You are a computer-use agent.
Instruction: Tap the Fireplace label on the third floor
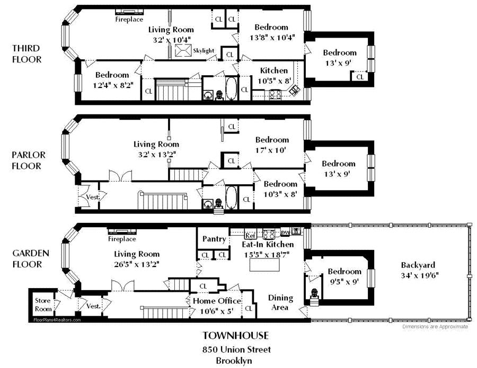coord(129,20)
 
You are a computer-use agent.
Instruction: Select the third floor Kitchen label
coord(274,70)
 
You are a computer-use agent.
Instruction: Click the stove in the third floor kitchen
coord(276,95)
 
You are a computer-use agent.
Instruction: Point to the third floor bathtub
coord(232,89)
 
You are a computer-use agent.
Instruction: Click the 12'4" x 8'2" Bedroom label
coord(112,79)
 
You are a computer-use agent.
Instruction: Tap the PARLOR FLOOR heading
coord(28,160)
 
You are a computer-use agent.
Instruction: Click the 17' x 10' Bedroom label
coord(272,145)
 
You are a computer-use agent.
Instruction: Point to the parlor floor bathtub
coord(232,198)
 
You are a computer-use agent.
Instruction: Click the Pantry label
coord(214,239)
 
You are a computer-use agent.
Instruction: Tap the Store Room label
coord(42,304)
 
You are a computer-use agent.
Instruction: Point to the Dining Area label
coord(280,302)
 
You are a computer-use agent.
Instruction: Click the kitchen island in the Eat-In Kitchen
coord(263,265)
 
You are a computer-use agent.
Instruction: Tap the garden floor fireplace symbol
coord(122,231)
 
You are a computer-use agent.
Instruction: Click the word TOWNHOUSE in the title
coord(236,335)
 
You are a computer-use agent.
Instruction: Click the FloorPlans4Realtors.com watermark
coord(57,320)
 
